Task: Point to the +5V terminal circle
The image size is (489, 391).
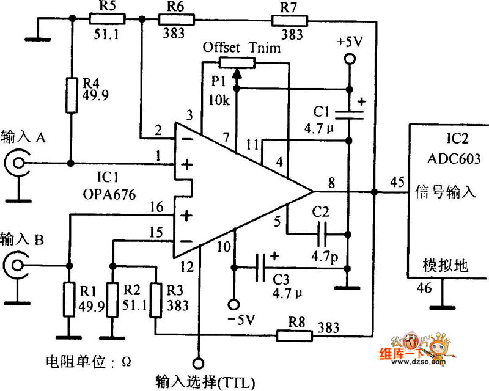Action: (x=349, y=59)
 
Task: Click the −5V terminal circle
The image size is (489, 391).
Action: (x=233, y=304)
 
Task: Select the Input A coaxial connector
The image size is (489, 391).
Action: (x=17, y=163)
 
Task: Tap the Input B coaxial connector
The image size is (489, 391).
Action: (x=17, y=265)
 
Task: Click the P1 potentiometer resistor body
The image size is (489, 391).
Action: (x=237, y=62)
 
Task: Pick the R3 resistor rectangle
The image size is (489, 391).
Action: (x=156, y=298)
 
